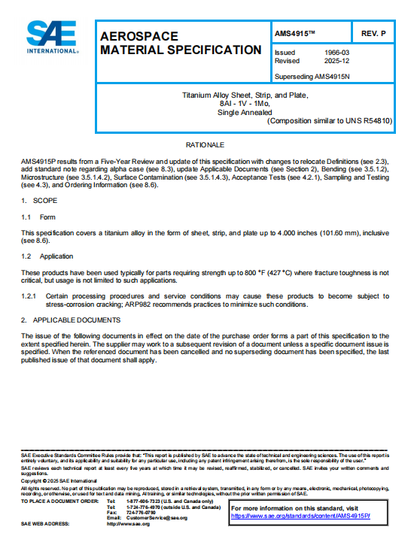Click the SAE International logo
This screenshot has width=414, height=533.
pyautogui.click(x=53, y=37)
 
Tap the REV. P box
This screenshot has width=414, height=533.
pyautogui.click(x=373, y=34)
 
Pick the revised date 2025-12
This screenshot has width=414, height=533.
pyautogui.click(x=336, y=61)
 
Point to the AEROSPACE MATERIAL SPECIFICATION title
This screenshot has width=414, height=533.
pyautogui.click(x=180, y=43)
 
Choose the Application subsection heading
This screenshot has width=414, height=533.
pyautogui.click(x=56, y=256)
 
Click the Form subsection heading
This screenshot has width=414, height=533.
pyautogui.click(x=47, y=217)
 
